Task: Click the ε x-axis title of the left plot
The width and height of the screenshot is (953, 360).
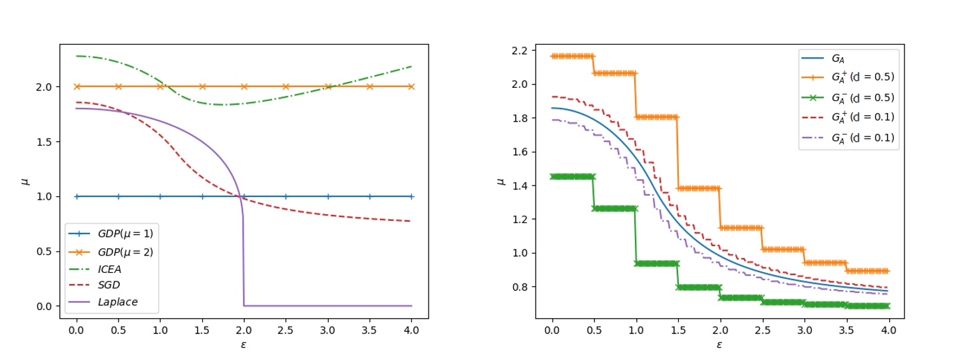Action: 244,344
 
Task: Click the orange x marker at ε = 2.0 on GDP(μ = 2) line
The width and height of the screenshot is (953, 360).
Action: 244,87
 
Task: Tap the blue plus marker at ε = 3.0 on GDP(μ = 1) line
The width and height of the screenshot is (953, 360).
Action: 327,196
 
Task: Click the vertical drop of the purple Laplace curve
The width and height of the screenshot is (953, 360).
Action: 243,260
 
